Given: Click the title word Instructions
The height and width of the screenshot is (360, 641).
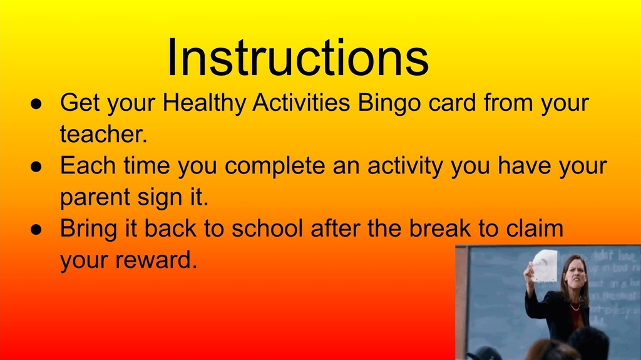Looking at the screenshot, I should (297, 58).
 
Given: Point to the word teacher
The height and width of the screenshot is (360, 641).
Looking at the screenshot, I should (103, 133).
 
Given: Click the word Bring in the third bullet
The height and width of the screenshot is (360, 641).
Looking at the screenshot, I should (88, 229).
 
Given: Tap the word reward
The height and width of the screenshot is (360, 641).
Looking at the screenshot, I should (156, 260).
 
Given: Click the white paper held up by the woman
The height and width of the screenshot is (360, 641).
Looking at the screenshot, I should (545, 265).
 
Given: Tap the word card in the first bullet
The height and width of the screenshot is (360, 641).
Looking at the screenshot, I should (453, 103).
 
